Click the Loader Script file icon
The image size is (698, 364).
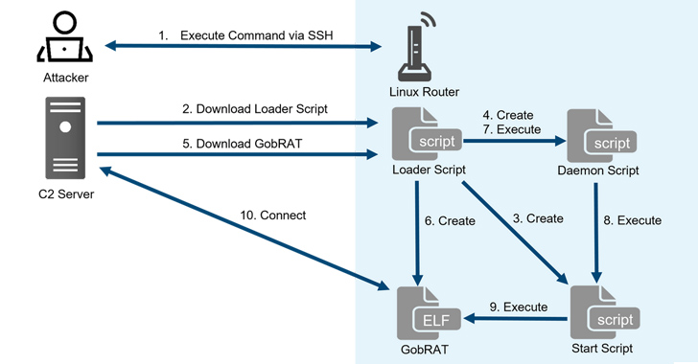(428, 135)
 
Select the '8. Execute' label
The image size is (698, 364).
(630, 220)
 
